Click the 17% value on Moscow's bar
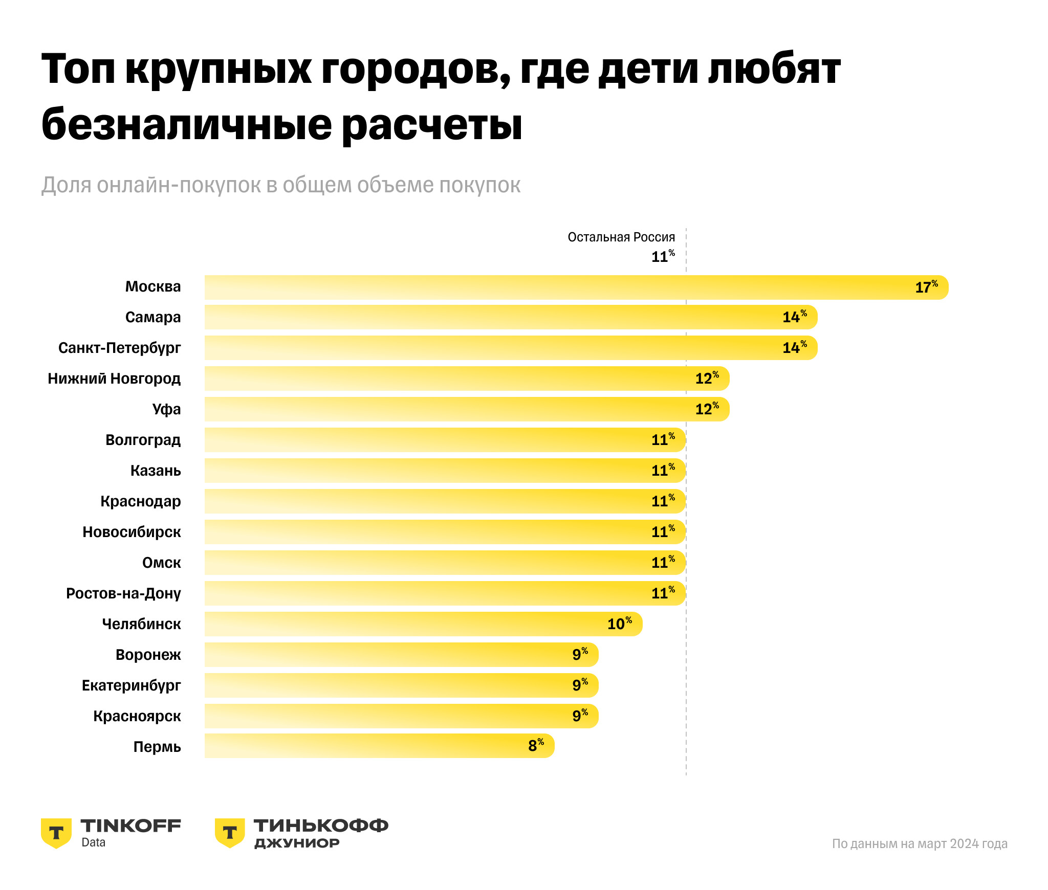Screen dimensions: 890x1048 (926, 287)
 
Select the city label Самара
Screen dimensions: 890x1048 (153, 317)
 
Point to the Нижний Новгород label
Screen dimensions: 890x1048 (114, 379)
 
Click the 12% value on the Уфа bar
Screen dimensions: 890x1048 (707, 409)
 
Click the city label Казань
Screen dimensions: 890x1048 (156, 471)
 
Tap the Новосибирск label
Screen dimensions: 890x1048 (132, 532)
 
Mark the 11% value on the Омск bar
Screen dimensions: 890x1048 (663, 562)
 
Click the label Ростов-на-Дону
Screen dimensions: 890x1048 (123, 593)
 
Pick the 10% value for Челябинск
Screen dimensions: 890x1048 (619, 624)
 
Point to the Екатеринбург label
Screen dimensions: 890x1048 (131, 685)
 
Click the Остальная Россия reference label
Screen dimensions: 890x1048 (621, 237)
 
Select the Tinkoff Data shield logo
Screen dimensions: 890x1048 (56, 833)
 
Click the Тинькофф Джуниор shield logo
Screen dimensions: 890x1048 (230, 833)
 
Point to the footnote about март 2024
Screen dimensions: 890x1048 (920, 843)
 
